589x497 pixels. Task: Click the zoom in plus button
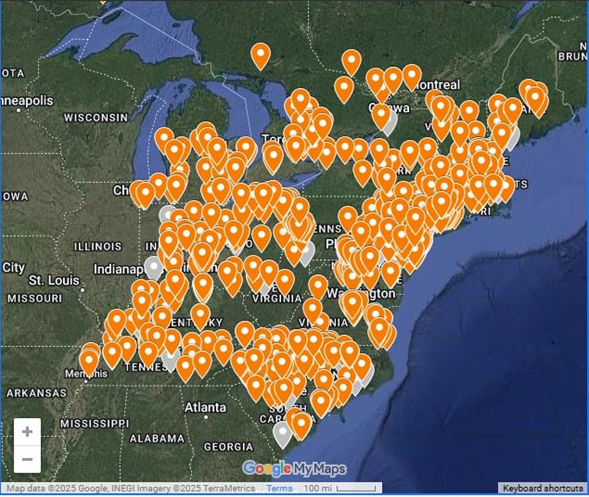click(x=27, y=432)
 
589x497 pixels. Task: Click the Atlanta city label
click(x=205, y=407)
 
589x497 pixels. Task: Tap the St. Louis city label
click(x=54, y=280)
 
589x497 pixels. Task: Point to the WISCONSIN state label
click(x=96, y=117)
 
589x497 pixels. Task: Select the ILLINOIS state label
click(x=98, y=246)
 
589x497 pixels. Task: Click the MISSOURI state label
click(x=35, y=298)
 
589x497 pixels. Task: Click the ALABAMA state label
click(x=157, y=438)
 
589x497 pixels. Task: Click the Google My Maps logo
click(x=294, y=469)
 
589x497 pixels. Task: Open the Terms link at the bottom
click(x=279, y=488)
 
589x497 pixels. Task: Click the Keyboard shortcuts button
click(x=542, y=488)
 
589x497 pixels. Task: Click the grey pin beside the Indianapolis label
click(x=154, y=267)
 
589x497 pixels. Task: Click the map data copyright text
click(x=130, y=488)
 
